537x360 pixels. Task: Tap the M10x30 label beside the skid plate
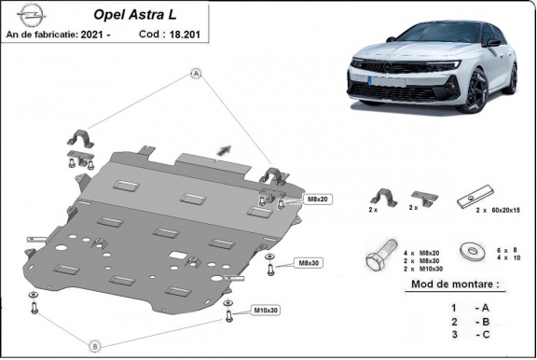click(x=266, y=310)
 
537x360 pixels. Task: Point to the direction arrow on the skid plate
click(x=223, y=148)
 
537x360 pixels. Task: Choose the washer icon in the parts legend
click(x=469, y=252)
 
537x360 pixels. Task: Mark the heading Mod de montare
click(x=454, y=284)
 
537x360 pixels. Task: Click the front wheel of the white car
click(x=477, y=92)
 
